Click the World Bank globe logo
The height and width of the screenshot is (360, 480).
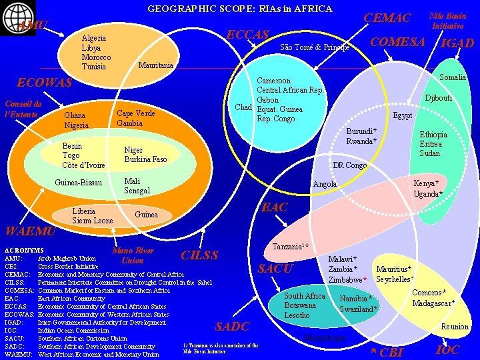click(11, 12)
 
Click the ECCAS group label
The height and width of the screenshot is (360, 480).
click(248, 35)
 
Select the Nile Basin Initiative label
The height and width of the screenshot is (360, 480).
click(447, 20)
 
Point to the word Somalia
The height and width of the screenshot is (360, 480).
click(453, 77)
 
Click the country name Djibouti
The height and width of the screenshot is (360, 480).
click(439, 98)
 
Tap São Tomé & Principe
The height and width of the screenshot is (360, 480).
click(315, 47)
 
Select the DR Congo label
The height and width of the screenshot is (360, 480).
click(349, 165)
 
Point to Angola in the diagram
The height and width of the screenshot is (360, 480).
click(325, 183)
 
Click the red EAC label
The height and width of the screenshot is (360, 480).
click(274, 207)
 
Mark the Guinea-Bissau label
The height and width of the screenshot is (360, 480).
click(78, 183)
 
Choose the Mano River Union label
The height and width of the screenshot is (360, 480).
click(133, 255)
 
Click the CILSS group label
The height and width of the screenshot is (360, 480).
click(199, 255)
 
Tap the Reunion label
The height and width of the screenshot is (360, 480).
click(455, 326)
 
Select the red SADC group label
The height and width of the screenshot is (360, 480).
click(232, 326)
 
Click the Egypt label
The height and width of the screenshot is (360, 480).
click(402, 115)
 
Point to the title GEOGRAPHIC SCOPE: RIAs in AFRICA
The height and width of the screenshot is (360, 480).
click(239, 9)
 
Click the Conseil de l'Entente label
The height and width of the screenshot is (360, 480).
click(23, 109)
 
